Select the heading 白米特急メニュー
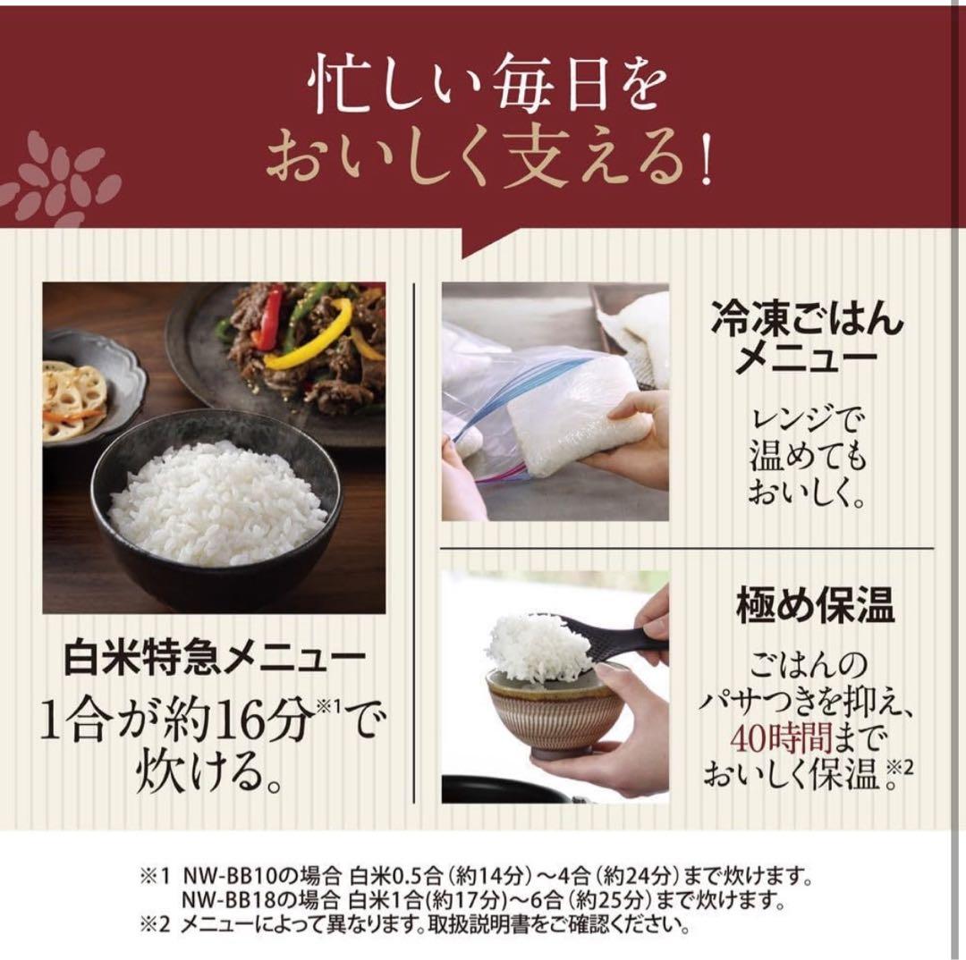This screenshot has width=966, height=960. point(215,659)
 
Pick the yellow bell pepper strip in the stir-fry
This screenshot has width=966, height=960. point(309,340)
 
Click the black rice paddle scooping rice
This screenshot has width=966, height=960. point(617,636)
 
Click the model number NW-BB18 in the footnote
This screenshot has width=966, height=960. point(222,897)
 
